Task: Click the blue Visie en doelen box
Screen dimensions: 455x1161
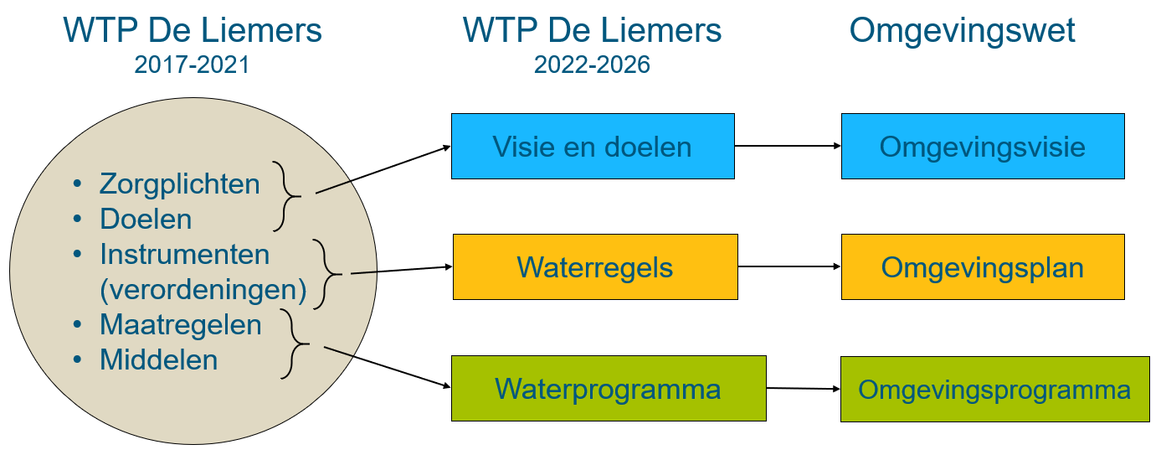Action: point(593,147)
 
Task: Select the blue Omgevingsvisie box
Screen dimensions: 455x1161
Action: point(982,147)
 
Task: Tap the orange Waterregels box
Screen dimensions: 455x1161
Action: point(594,267)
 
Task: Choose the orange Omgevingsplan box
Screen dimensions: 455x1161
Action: point(982,267)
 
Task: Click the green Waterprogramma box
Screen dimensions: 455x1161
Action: point(608,388)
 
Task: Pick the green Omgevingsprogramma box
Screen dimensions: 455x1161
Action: point(994,389)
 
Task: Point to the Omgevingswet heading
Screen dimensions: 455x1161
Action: point(962,31)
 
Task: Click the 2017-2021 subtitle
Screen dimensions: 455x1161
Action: point(192,65)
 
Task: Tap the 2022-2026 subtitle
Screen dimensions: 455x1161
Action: point(592,65)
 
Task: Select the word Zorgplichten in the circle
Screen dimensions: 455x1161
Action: point(180,184)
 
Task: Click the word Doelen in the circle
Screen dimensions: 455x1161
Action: point(146,219)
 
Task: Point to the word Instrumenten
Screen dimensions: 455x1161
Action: point(184,254)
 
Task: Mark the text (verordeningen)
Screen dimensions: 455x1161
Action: point(203,289)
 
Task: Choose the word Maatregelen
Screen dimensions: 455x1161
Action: point(180,324)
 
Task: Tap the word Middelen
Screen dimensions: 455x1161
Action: point(158,359)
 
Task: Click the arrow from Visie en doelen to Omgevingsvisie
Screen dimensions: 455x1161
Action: point(787,146)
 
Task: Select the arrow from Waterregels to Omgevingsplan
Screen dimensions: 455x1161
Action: point(789,266)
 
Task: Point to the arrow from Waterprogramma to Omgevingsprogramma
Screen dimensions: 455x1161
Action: point(802,388)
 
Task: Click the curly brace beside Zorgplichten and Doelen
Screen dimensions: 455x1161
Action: point(286,196)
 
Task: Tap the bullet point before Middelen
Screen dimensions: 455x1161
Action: point(78,359)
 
